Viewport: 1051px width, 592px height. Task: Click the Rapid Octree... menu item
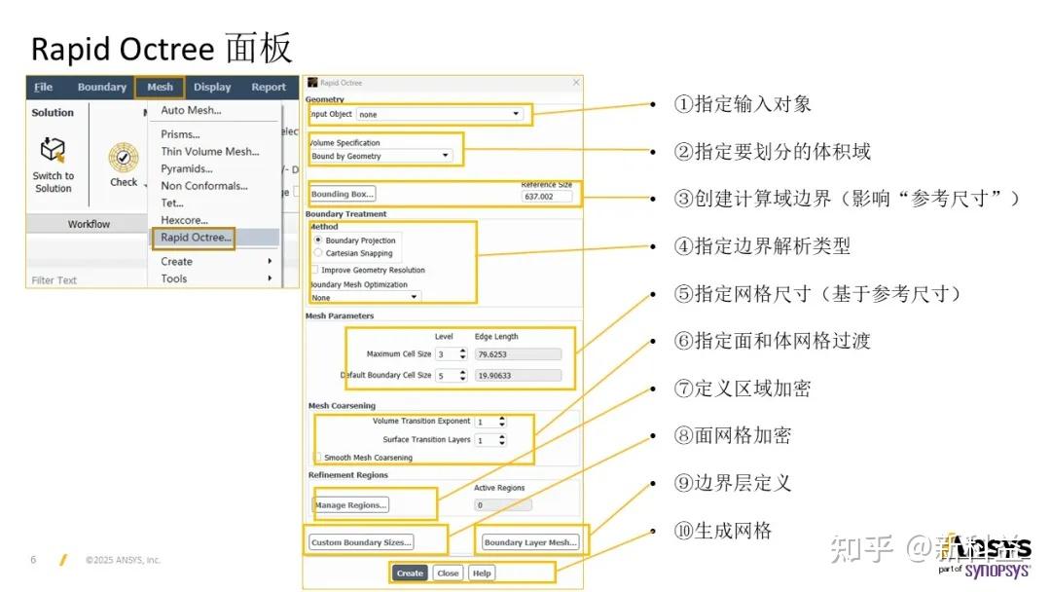point(196,238)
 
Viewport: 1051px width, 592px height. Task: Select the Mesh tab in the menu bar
point(160,87)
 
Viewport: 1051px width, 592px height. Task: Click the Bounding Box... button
point(343,194)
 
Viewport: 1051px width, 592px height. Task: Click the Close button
point(448,573)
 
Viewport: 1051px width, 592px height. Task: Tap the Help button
point(482,573)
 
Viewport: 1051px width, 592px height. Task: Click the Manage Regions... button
point(350,504)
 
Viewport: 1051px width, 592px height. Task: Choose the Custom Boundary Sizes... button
point(361,542)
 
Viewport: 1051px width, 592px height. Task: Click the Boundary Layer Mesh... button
point(530,542)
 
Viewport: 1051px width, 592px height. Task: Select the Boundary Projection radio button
point(318,240)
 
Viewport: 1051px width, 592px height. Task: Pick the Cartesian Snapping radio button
point(318,253)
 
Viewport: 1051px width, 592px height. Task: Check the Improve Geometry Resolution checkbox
point(314,270)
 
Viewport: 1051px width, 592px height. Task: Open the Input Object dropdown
point(440,114)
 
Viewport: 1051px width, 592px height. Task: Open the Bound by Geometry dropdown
point(381,156)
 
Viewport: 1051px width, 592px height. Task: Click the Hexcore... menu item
point(184,220)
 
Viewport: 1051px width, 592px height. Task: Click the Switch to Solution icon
point(53,152)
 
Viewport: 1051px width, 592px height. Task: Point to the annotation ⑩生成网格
point(722,531)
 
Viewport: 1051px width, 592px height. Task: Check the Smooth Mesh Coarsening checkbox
point(318,457)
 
